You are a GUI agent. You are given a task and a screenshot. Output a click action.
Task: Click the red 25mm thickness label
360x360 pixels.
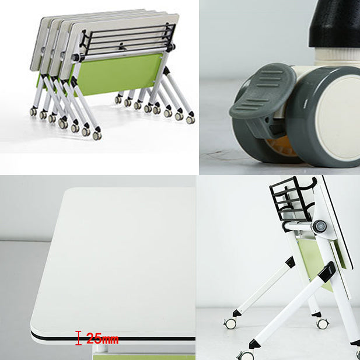point(102,338)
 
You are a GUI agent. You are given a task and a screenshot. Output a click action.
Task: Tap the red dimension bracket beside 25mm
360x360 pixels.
point(79,338)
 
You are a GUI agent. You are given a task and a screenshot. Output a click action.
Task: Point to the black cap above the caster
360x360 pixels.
point(334,24)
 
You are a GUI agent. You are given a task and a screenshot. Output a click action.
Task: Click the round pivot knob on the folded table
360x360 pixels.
point(320,226)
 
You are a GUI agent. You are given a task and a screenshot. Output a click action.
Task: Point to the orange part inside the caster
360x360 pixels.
point(281,146)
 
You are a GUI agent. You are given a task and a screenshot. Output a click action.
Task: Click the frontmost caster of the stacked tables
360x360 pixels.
point(97,135)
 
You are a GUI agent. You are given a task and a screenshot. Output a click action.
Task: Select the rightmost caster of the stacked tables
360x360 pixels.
point(190,120)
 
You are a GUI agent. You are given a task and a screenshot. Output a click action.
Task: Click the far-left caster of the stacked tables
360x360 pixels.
point(33,111)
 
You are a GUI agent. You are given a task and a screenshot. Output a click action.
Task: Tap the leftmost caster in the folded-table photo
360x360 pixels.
point(230,323)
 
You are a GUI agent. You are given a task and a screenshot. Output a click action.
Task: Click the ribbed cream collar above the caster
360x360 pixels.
point(337,55)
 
